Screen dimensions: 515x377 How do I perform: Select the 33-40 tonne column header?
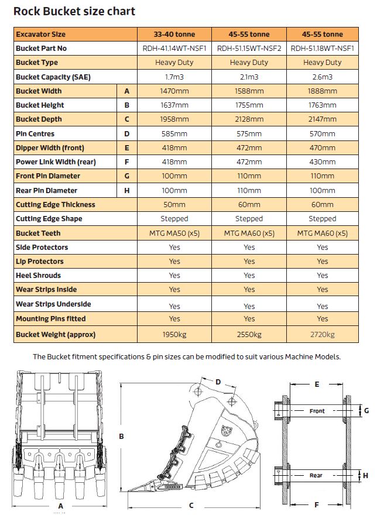pyautogui.click(x=174, y=34)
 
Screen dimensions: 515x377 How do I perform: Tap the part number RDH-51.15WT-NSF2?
pyautogui.click(x=249, y=49)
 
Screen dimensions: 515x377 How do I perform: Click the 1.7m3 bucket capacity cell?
pyautogui.click(x=174, y=77)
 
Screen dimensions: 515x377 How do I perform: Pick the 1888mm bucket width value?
pyautogui.click(x=323, y=91)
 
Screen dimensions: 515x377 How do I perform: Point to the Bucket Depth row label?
pyautogui.click(x=40, y=119)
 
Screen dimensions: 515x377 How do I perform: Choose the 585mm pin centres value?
pyautogui.click(x=174, y=133)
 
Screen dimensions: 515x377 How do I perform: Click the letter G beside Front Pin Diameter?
pyautogui.click(x=127, y=176)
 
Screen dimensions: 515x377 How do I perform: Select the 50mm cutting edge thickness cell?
pyautogui.click(x=174, y=204)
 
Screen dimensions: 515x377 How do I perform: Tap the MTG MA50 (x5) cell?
pyautogui.click(x=174, y=233)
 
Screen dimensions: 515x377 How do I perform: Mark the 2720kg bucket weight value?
pyautogui.click(x=323, y=334)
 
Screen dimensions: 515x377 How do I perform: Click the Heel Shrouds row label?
pyautogui.click(x=39, y=275)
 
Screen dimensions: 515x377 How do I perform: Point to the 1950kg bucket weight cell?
pyautogui.click(x=174, y=334)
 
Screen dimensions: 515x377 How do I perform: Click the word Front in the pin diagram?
pyautogui.click(x=317, y=411)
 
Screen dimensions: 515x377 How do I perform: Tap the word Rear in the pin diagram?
pyautogui.click(x=316, y=475)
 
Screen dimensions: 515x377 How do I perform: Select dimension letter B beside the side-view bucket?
pyautogui.click(x=121, y=436)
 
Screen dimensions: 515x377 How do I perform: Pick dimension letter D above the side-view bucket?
pyautogui.click(x=218, y=382)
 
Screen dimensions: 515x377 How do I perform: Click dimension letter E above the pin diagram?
pyautogui.click(x=317, y=384)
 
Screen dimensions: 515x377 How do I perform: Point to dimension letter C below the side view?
pyautogui.click(x=191, y=505)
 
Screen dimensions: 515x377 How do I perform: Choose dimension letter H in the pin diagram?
pyautogui.click(x=366, y=475)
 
